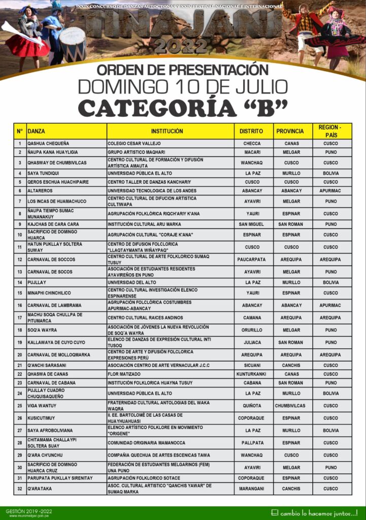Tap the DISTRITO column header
(x=252, y=131)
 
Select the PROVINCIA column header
(x=290, y=131)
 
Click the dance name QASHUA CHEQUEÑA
(x=48, y=144)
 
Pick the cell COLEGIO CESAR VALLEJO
(x=134, y=144)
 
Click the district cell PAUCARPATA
(x=252, y=259)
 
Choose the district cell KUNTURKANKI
(x=252, y=374)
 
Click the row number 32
(x=20, y=489)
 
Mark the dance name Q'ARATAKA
(x=40, y=489)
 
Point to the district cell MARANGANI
(x=252, y=489)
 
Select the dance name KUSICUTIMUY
(x=43, y=418)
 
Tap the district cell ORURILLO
(x=252, y=330)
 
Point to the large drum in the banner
(x=73, y=44)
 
